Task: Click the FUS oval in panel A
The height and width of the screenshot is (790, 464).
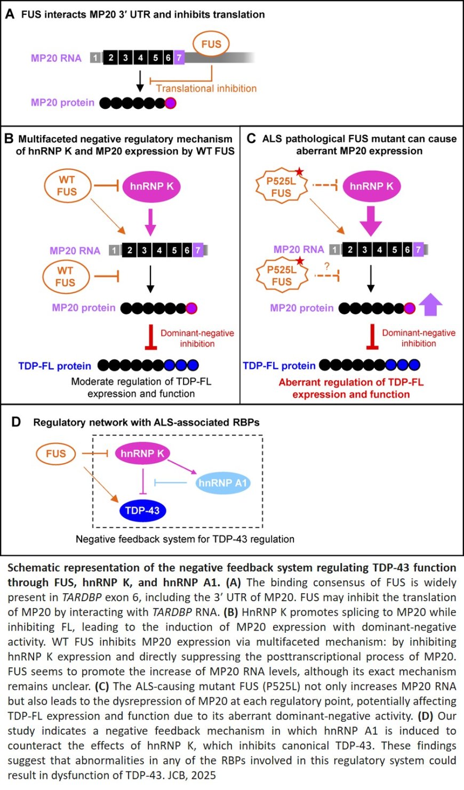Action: [x=211, y=44]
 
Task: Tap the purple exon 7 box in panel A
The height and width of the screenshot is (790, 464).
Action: [x=179, y=58]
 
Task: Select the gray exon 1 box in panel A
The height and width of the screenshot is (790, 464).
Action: [x=95, y=58]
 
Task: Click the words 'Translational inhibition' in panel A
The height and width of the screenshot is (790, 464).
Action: [x=206, y=88]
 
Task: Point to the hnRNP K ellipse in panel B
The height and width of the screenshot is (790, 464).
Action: [x=152, y=186]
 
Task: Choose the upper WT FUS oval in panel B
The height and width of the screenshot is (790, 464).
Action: [x=67, y=186]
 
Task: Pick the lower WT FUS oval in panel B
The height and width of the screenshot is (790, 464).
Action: [x=66, y=277]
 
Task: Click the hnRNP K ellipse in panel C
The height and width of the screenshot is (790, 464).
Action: [x=372, y=186]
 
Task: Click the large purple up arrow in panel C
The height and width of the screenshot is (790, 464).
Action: [x=430, y=306]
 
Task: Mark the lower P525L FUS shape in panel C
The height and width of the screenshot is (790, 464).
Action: [x=282, y=276]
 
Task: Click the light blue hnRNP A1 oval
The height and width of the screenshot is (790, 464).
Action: [x=222, y=483]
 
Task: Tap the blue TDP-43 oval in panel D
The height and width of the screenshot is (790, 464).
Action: [x=142, y=511]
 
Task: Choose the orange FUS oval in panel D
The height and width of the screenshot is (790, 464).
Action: [x=56, y=454]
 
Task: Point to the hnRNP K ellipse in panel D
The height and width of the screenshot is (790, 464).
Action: [x=142, y=454]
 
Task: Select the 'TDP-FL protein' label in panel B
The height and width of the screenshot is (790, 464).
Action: [x=55, y=366]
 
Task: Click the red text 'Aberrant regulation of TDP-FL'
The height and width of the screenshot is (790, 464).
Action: [x=351, y=382]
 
